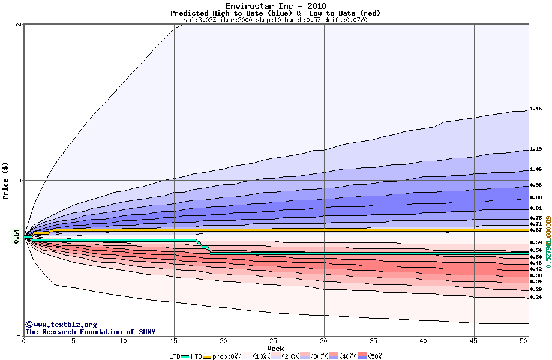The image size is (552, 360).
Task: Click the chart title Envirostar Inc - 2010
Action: click(x=276, y=6)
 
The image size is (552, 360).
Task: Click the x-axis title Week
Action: click(x=275, y=349)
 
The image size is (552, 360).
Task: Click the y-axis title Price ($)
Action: click(x=5, y=180)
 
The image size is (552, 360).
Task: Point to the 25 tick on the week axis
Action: click(x=274, y=341)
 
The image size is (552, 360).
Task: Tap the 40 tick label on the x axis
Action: click(x=423, y=341)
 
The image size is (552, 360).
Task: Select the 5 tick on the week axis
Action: click(x=74, y=341)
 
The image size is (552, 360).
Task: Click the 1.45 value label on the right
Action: click(x=536, y=109)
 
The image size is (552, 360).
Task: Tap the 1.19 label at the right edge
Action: click(x=536, y=149)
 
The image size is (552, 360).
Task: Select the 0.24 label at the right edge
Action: click(x=536, y=297)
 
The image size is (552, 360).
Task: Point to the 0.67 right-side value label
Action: click(x=536, y=230)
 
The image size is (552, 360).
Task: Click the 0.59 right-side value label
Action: click(x=536, y=242)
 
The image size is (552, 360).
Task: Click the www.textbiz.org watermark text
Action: click(x=61, y=325)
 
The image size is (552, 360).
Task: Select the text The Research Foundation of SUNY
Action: click(x=90, y=332)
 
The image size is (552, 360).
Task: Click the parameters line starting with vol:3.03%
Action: click(x=275, y=20)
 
